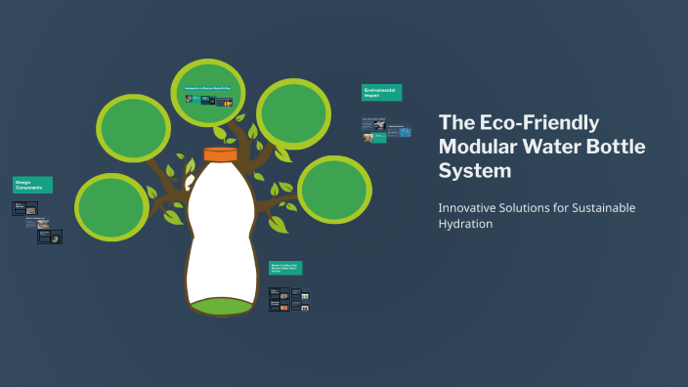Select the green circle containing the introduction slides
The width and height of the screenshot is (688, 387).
pyautogui.click(x=212, y=96)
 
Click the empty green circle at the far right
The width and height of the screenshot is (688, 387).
pyautogui.click(x=334, y=189)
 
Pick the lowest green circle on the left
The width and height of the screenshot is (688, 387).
pyautogui.click(x=112, y=207)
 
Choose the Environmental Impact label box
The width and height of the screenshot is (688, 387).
pyautogui.click(x=381, y=93)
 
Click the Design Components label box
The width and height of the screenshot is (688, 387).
pyautogui.click(x=32, y=184)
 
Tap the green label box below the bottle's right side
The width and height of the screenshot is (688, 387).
pyautogui.click(x=285, y=268)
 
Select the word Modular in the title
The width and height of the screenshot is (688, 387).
pyautogui.click(x=475, y=148)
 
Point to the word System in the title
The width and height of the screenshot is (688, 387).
pyautogui.click(x=475, y=171)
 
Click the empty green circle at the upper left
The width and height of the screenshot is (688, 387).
pyautogui.click(x=135, y=129)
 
